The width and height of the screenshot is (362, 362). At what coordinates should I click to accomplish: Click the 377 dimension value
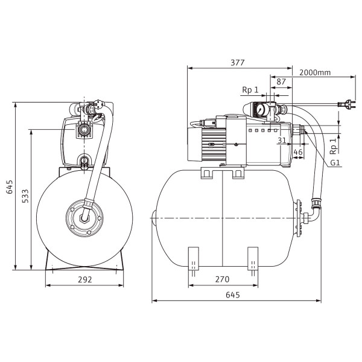point(237,63)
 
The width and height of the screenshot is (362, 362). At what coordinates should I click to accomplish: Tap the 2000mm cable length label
point(315,72)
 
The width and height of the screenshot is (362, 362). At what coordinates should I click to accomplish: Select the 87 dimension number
point(281,81)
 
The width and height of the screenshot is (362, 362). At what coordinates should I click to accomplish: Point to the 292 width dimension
point(84,279)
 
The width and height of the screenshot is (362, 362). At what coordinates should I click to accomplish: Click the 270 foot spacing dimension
point(222,279)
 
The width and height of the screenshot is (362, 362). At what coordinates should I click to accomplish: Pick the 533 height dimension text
point(25,196)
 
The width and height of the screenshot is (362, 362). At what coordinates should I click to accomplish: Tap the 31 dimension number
point(282,140)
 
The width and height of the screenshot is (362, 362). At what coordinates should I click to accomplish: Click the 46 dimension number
point(298,152)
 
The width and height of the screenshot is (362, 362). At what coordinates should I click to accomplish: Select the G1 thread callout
point(335,163)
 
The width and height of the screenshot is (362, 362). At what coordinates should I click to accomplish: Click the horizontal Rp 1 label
point(250,90)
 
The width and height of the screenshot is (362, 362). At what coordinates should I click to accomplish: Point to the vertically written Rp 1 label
point(334,147)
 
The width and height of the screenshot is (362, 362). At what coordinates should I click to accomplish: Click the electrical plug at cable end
point(346,104)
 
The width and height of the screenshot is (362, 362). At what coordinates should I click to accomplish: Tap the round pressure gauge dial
point(261,110)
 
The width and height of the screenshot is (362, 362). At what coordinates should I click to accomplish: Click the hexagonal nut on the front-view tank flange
point(84,218)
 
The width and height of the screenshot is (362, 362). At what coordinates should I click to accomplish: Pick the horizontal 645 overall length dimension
point(233,295)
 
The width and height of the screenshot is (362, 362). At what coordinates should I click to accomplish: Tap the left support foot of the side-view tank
point(194,259)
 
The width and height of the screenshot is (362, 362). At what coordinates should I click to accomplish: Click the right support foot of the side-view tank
point(253,259)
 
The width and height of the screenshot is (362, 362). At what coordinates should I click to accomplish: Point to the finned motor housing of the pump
point(214,145)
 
